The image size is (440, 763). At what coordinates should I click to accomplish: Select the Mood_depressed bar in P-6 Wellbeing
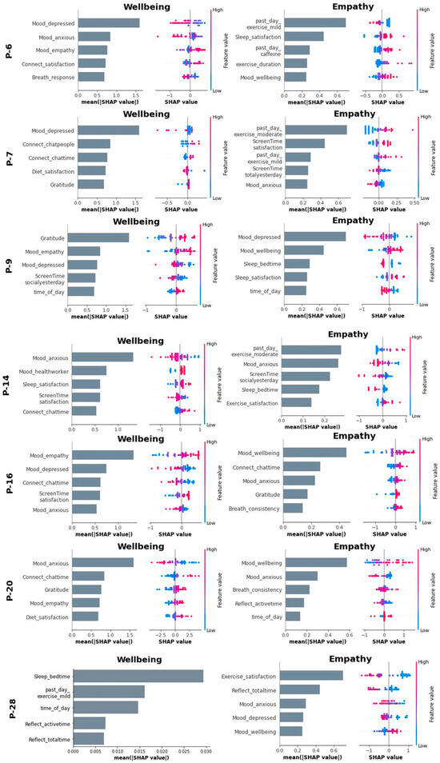click(x=106, y=22)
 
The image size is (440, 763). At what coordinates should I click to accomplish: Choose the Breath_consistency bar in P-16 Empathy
click(x=292, y=507)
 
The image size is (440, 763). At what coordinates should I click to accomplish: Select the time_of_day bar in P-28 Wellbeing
click(x=105, y=707)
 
